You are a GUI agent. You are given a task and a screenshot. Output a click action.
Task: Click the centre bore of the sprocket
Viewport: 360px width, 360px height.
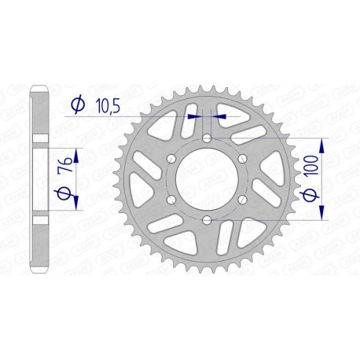coord(205,179)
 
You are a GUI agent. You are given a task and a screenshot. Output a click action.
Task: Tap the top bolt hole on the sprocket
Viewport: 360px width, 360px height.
coord(205,139)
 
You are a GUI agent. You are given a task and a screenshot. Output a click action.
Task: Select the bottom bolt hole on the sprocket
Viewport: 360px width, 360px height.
coord(205,219)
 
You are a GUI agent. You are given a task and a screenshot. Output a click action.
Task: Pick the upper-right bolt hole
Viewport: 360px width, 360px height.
coord(241,160)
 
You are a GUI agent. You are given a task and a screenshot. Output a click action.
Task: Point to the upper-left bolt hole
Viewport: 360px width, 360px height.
coord(171,160)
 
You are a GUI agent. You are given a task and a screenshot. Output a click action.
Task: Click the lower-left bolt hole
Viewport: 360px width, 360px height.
coord(171,200)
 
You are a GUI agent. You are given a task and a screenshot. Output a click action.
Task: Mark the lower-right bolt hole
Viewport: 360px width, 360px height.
coord(241,200)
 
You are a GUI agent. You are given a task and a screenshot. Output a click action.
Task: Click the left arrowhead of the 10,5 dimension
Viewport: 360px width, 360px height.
coord(195,116)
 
